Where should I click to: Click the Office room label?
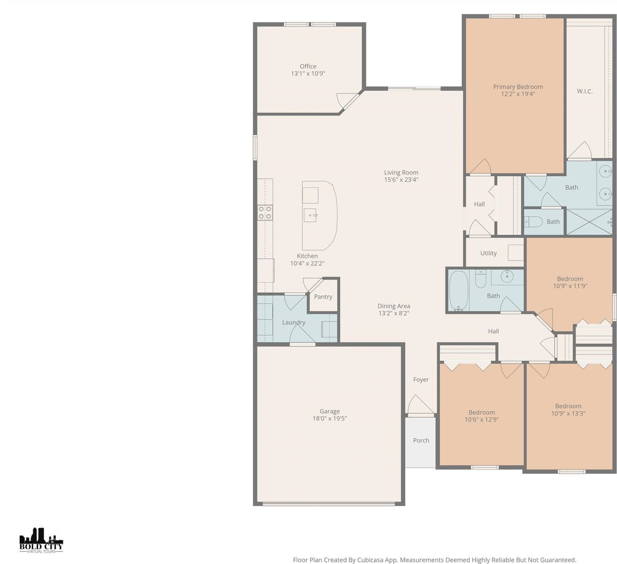click(x=308, y=67)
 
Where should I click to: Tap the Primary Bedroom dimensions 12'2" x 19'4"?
click(x=518, y=94)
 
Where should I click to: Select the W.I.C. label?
click(x=585, y=91)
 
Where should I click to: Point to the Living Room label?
click(x=401, y=172)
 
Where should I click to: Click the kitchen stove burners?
click(x=265, y=212)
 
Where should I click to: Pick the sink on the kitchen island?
click(x=310, y=215)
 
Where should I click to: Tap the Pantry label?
click(x=323, y=297)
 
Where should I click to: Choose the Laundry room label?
click(x=293, y=322)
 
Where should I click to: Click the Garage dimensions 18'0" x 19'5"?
click(x=330, y=418)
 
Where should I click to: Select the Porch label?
click(x=421, y=440)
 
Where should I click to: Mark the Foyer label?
click(x=421, y=380)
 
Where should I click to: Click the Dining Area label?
click(x=394, y=306)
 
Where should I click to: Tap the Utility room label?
click(x=489, y=254)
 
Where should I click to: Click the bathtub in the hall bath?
click(x=458, y=290)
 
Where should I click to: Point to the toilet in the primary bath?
click(x=534, y=222)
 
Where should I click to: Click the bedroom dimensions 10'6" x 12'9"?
click(x=482, y=420)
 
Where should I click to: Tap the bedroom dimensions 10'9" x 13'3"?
click(x=568, y=414)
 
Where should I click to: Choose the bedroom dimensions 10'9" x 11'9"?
click(x=570, y=286)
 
